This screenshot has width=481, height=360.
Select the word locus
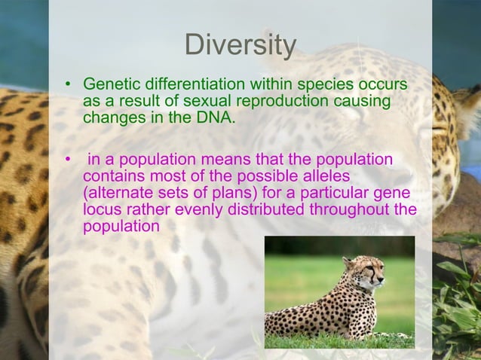click(102, 209)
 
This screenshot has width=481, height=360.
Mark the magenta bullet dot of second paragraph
click(68, 160)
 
